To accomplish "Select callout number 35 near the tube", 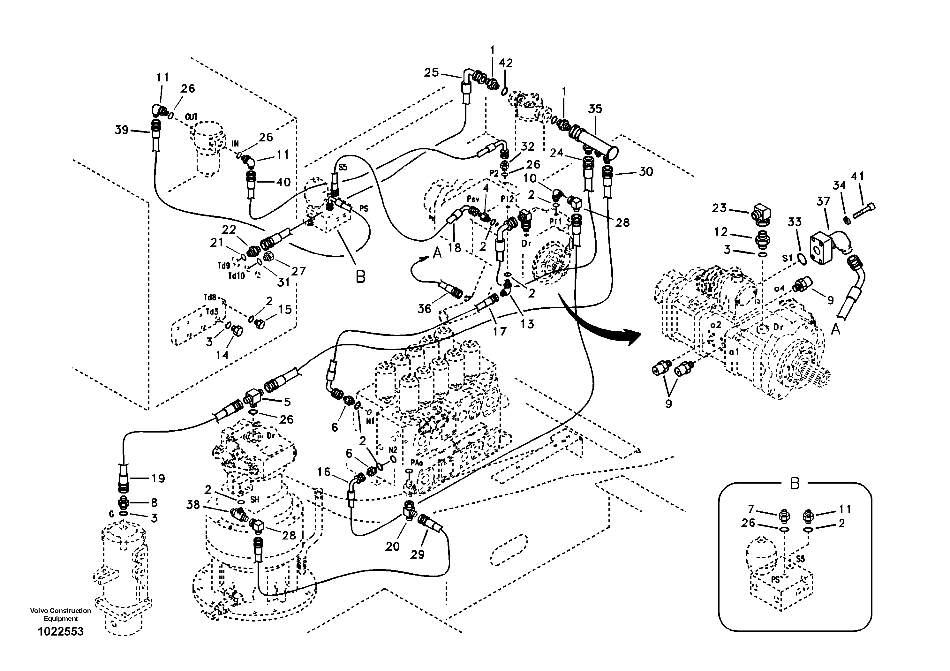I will [595, 109].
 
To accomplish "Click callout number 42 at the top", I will [506, 63].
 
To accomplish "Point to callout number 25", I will [431, 73].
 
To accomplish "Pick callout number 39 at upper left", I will [122, 130].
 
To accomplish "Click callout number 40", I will [283, 182].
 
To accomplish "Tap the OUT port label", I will [191, 117].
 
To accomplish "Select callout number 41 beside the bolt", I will [857, 177].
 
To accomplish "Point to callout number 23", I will [719, 208].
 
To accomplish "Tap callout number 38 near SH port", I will [193, 505].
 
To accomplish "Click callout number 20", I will [392, 547].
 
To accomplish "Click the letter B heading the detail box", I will [795, 484].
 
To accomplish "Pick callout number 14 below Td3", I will [222, 355].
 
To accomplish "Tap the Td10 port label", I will [237, 275].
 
